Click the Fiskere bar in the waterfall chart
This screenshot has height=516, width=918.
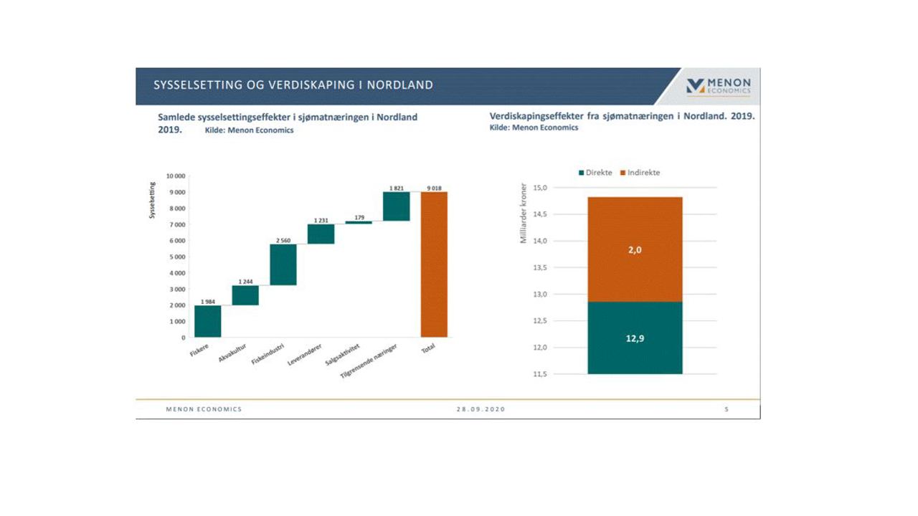point(207,321)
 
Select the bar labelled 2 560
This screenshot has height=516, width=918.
point(283,264)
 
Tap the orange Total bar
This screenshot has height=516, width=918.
point(434,264)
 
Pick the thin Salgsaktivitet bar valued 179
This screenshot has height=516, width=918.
point(359,222)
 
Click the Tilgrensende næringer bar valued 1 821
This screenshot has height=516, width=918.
point(396,206)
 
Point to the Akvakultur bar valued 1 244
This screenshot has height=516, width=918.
point(245,295)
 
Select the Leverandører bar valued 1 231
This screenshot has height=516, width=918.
point(321,234)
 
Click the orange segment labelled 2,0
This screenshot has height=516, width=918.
point(635,249)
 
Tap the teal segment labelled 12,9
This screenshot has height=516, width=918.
point(635,338)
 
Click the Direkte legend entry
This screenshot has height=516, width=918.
point(595,173)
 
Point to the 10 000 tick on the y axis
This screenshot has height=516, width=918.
point(176,176)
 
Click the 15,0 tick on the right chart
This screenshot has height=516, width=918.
point(539,188)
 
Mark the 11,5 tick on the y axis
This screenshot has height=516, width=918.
point(539,374)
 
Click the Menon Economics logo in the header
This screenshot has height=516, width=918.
point(718,86)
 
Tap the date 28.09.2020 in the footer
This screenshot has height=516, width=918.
point(481,409)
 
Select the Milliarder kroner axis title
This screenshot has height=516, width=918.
point(524,213)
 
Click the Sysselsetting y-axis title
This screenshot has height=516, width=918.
point(152,200)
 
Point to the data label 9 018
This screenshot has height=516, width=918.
point(433,188)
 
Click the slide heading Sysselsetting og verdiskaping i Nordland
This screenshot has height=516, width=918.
point(293,85)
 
